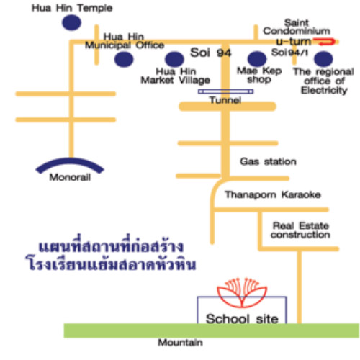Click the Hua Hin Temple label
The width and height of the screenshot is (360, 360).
click(x=72, y=8)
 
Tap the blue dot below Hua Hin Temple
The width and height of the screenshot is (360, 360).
click(x=71, y=22)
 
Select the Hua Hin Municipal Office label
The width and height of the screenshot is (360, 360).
click(x=125, y=41)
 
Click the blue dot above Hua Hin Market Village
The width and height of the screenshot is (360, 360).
click(x=174, y=59)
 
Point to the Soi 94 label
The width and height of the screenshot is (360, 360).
click(x=211, y=53)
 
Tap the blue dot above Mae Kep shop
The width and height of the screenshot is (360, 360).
click(x=257, y=59)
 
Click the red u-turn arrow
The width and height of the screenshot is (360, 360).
click(x=324, y=42)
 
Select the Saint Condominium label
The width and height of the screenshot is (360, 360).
click(x=297, y=27)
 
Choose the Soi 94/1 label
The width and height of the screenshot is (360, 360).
click(x=289, y=53)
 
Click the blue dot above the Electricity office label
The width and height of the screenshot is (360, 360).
click(x=323, y=59)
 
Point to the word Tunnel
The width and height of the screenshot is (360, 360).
click(x=225, y=100)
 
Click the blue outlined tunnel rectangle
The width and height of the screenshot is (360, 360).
click(x=225, y=91)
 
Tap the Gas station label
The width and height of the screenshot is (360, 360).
click(x=268, y=161)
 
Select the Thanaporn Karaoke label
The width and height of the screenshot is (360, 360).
click(x=273, y=194)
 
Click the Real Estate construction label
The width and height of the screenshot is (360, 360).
click(x=300, y=230)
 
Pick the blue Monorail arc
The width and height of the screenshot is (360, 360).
click(x=70, y=161)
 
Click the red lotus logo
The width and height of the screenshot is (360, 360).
click(x=242, y=293)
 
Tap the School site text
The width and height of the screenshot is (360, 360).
click(x=242, y=319)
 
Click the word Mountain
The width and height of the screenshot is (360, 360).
click(x=180, y=343)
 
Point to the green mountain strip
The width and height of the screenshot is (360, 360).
click(x=212, y=330)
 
